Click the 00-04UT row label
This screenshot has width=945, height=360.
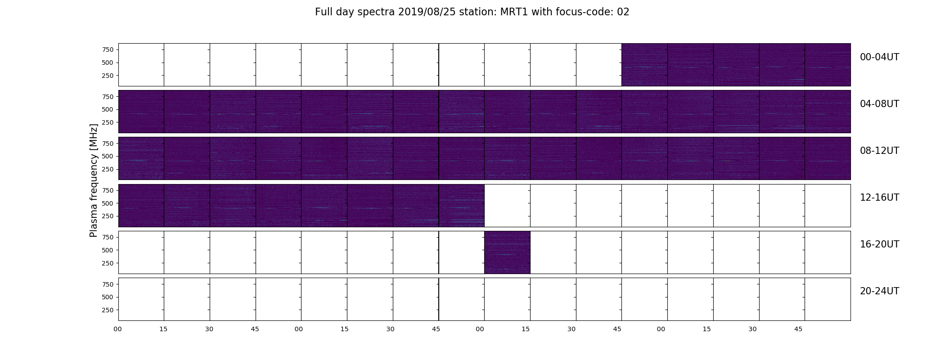[879, 57]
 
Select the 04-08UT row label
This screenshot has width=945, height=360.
[879, 104]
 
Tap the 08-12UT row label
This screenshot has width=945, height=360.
[879, 151]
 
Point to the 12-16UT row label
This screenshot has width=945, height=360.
[879, 198]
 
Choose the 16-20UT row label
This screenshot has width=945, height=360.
[879, 244]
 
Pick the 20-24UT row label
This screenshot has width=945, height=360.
[879, 291]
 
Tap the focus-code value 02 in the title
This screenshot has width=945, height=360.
[623, 12]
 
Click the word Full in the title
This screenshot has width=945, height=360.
[323, 12]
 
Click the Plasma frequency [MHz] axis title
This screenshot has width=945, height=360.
[94, 180]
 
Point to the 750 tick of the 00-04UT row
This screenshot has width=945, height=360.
[108, 49]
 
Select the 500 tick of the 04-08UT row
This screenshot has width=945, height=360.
[108, 109]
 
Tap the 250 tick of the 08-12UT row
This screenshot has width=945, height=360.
[108, 169]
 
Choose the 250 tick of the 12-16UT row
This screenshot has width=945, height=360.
[108, 216]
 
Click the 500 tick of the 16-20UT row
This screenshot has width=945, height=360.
[108, 250]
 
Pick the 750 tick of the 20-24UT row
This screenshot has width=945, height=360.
[108, 284]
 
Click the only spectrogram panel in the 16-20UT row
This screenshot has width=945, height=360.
[507, 252]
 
